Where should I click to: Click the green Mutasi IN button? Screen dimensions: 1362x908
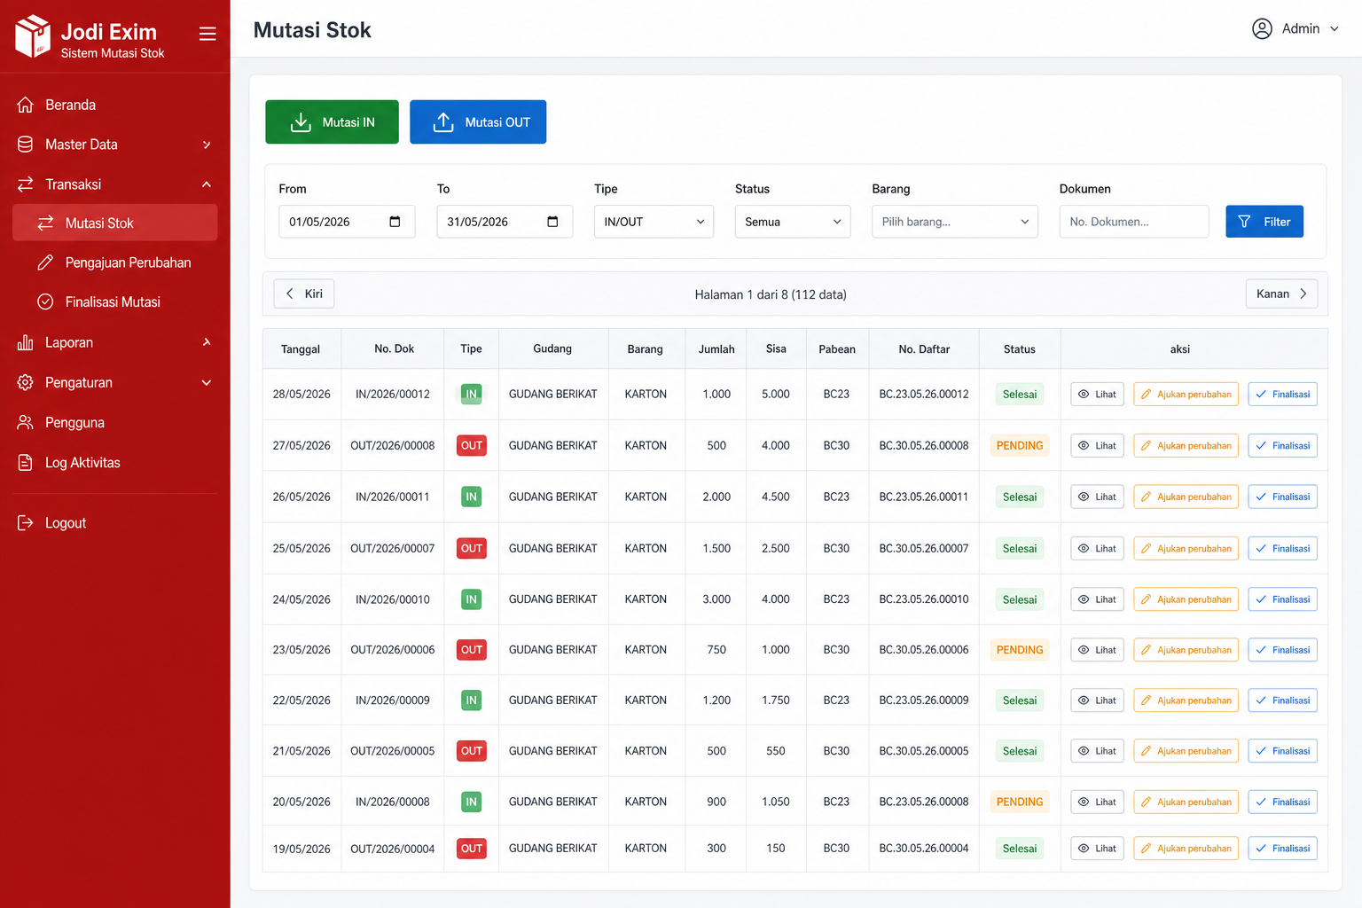(332, 121)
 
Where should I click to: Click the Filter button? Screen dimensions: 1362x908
(1264, 222)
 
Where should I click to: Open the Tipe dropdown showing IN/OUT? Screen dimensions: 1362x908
(654, 222)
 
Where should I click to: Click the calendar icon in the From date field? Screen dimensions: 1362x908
(395, 222)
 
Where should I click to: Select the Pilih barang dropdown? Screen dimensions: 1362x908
(955, 222)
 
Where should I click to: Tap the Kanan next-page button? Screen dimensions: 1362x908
(1281, 294)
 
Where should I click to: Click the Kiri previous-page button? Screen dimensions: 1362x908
(303, 294)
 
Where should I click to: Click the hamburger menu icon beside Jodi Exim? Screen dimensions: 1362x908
(207, 34)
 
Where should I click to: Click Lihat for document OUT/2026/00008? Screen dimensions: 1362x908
(1097, 445)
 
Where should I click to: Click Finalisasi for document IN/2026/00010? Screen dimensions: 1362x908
(1282, 599)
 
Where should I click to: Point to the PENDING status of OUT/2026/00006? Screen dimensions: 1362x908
(1019, 650)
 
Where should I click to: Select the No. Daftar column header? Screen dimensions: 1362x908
(924, 349)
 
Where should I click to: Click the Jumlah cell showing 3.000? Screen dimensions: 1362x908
(716, 599)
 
